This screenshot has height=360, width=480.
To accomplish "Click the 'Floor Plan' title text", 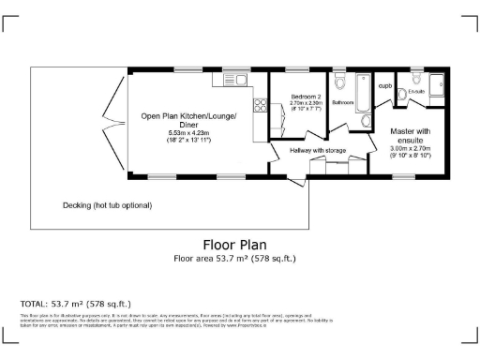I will point(238,247).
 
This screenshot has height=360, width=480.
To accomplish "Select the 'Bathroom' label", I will point(341,101).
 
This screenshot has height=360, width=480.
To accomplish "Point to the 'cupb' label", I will point(384,85).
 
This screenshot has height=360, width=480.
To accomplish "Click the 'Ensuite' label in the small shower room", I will point(416,91).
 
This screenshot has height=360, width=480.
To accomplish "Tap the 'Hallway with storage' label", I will point(317,150).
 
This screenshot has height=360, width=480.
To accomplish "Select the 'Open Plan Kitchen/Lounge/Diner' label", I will point(188,120).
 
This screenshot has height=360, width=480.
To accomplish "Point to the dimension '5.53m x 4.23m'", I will point(188,133).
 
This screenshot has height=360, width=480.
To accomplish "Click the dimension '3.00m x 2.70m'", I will point(410,148).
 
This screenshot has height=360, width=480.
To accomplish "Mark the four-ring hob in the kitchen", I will point(260,105).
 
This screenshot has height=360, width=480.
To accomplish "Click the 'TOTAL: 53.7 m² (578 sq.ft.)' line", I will point(75,305).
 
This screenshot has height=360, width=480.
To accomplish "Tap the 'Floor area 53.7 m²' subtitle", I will point(238,260).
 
